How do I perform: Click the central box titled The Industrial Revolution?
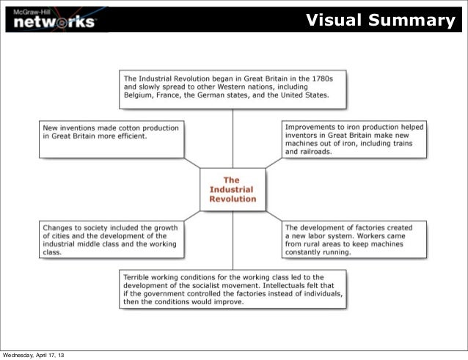coord(233,189)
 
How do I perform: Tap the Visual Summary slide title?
coord(380,20)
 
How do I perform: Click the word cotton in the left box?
coord(128,128)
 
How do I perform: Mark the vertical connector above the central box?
coord(233,136)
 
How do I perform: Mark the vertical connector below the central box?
coord(233,240)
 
